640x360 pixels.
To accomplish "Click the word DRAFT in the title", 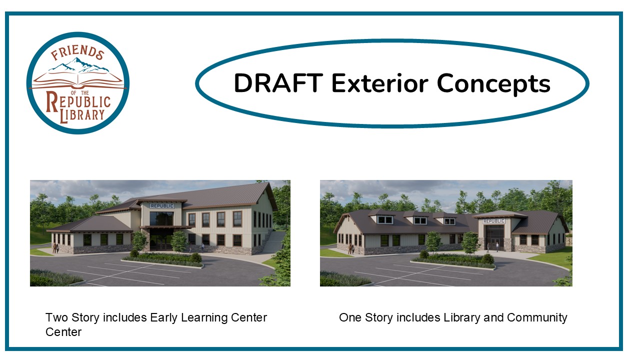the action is click(278, 83).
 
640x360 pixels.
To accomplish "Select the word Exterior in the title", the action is click(379, 83).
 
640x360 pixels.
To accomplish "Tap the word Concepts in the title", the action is click(493, 84).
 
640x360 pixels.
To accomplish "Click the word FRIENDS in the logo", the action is click(77, 52).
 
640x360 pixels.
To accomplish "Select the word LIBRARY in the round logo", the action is click(82, 115).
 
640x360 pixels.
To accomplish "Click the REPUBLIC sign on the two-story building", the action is click(162, 205).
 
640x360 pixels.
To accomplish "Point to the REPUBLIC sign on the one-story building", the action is click(494, 221).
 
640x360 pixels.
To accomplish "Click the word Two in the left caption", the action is click(56, 317).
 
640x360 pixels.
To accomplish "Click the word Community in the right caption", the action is click(537, 318).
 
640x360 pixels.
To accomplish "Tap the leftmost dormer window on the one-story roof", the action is click(385, 219).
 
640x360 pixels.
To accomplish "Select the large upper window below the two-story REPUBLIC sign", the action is click(161, 218).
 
